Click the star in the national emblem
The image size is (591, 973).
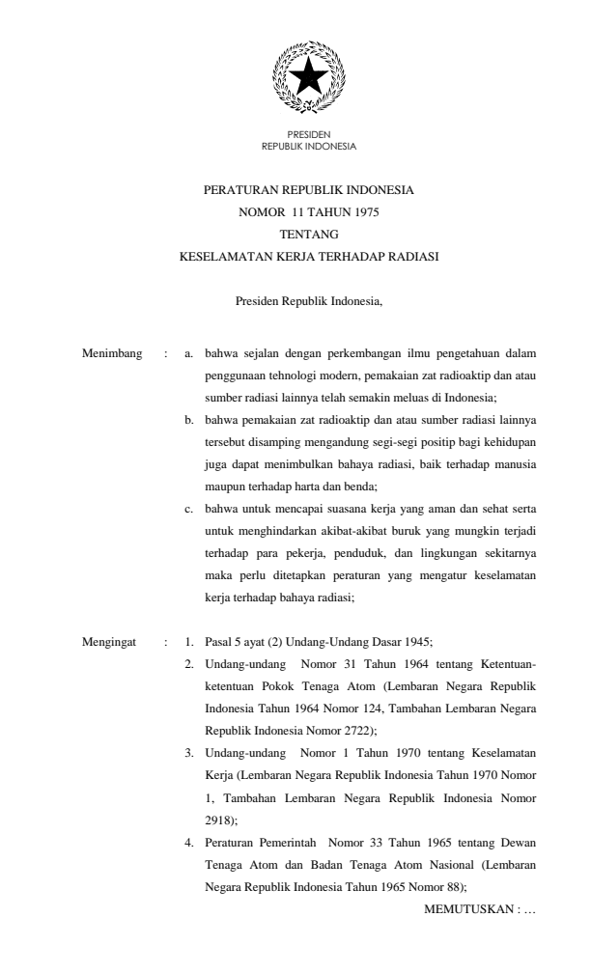click(308, 76)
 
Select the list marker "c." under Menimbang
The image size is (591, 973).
click(189, 505)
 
